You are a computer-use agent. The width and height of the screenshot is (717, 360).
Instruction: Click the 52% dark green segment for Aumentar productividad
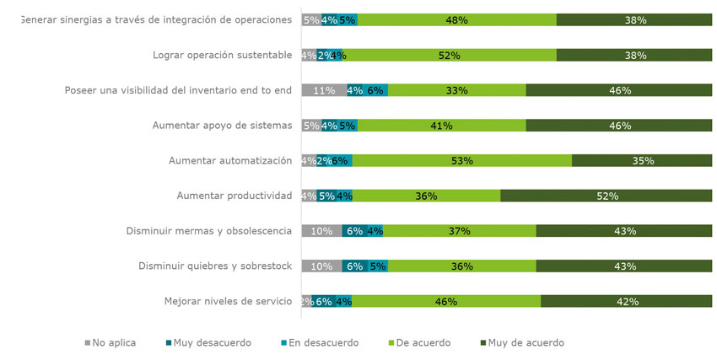click(607, 196)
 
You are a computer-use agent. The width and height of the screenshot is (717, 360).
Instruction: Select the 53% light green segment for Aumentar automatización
click(461, 160)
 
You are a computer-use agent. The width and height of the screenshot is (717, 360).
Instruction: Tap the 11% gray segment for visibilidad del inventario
click(324, 90)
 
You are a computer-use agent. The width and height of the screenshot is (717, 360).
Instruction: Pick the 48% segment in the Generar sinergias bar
click(456, 20)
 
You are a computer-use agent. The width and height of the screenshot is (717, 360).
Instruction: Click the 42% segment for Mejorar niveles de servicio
click(627, 301)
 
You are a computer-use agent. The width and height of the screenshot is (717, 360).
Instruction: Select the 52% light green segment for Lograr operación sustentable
click(449, 56)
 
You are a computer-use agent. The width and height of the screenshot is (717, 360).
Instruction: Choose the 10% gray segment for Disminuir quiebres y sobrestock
click(321, 266)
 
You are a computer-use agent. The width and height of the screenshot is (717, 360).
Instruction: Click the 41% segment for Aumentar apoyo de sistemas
click(441, 126)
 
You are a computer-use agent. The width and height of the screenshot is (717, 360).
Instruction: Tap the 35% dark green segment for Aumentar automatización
click(643, 160)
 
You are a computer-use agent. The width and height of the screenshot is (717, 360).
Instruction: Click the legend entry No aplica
click(111, 343)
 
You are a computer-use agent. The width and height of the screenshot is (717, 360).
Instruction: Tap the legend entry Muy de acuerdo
click(522, 343)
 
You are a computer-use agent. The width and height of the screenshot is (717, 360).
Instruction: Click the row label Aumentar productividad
click(234, 196)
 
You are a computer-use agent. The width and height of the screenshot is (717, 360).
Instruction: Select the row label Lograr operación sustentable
click(222, 56)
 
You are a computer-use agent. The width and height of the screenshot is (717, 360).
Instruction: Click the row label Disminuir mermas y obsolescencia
click(208, 231)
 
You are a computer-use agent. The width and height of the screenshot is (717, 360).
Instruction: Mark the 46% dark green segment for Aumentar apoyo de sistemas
click(620, 126)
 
